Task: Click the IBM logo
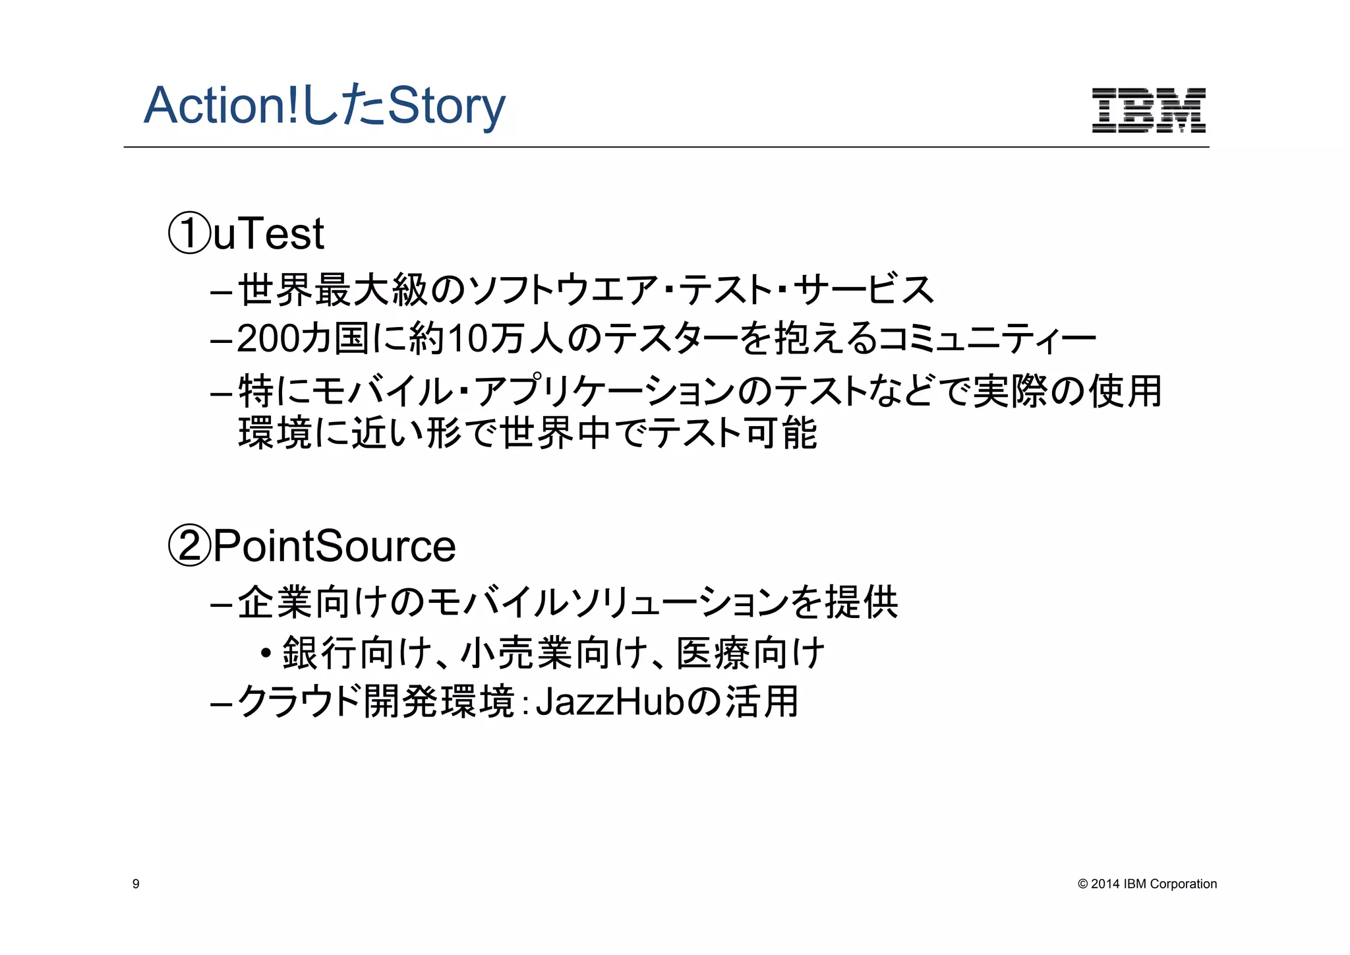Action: click(1148, 110)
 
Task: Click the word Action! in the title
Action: click(221, 106)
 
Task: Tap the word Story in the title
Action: click(446, 107)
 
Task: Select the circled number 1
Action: click(190, 233)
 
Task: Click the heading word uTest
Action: click(268, 233)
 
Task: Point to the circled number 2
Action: click(190, 546)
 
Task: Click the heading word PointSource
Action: click(334, 546)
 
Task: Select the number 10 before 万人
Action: click(467, 339)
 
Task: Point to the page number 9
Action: click(136, 884)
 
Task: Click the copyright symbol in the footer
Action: click(1082, 884)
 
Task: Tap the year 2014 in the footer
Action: click(1105, 884)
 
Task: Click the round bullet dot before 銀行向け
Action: click(266, 654)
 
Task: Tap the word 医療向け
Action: click(750, 654)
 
